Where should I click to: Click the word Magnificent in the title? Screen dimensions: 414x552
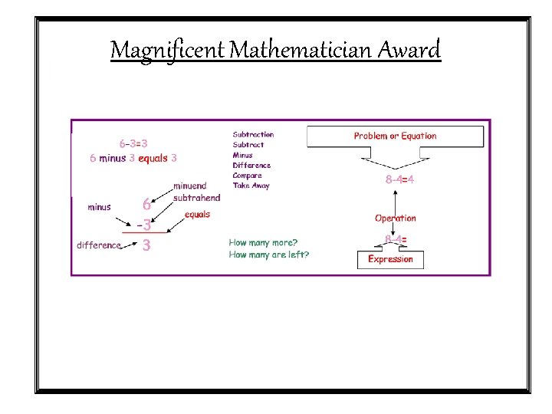[x=168, y=51]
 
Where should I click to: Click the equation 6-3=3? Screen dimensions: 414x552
[x=133, y=143]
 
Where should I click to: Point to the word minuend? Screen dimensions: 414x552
[x=189, y=186]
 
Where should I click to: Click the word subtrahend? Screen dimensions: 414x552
[x=197, y=198]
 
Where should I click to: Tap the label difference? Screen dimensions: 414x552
[x=99, y=245]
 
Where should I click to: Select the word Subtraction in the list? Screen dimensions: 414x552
[x=253, y=134]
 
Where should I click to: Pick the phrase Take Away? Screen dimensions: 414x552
[x=251, y=186]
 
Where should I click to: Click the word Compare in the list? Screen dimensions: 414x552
[x=248, y=176]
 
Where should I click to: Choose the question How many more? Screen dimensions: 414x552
[x=263, y=243]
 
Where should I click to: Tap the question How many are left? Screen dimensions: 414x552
[x=269, y=255]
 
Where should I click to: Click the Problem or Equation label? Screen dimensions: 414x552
[x=395, y=136]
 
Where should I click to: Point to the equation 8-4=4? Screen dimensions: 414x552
[x=399, y=179]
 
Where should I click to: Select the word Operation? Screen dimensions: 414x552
[x=396, y=219]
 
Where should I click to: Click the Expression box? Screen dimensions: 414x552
[x=390, y=259]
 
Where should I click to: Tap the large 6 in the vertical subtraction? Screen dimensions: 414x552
[x=146, y=205]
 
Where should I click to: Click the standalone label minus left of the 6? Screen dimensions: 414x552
[x=99, y=207]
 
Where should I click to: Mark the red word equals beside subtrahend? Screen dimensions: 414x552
[x=197, y=215]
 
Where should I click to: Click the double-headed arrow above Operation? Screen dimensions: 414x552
[x=395, y=199]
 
